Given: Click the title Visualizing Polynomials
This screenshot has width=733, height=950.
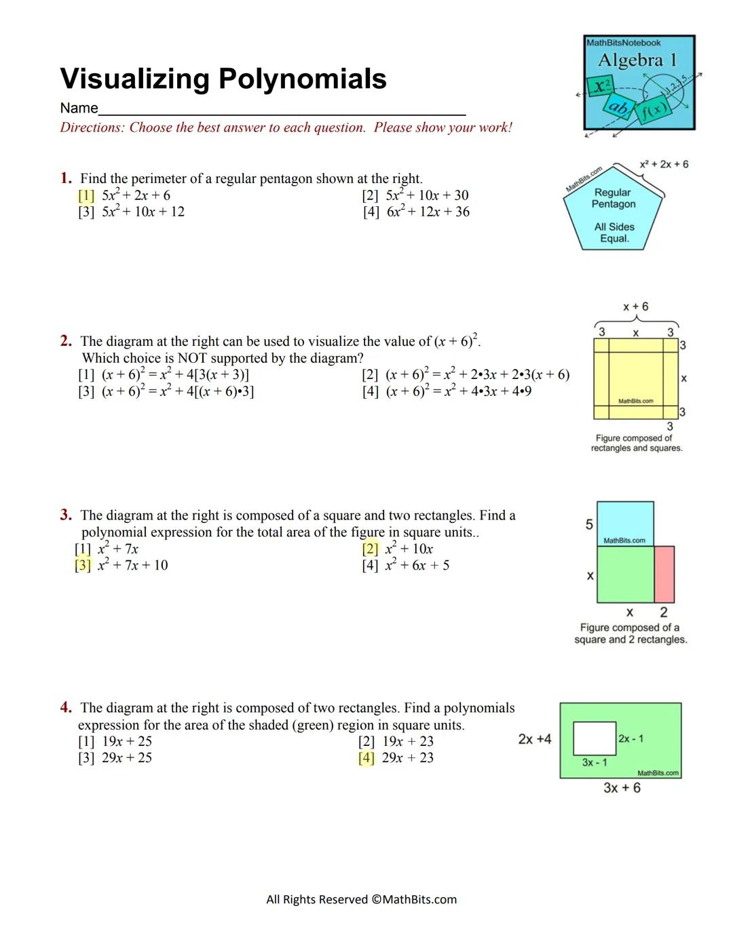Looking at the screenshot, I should click(223, 79).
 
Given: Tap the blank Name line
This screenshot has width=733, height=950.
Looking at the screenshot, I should click(282, 108).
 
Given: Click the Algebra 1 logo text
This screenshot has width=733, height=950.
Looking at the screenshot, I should click(637, 60).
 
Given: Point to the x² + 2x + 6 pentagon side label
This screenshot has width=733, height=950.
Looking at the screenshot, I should click(664, 164).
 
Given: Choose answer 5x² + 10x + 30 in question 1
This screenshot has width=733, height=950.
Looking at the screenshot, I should click(427, 195).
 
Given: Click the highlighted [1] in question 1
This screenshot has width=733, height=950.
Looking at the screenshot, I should click(86, 195).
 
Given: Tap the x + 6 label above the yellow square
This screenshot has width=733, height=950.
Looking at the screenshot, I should click(635, 306).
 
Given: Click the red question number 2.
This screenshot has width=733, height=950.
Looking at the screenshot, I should click(66, 341).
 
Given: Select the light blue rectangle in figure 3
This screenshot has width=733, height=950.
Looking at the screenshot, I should click(625, 523).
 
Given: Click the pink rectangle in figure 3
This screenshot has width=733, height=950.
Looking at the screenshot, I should click(664, 574).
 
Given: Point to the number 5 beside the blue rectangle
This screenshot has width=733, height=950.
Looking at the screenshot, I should click(589, 524).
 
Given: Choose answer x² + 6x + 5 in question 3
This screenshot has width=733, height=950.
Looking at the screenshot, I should click(417, 566).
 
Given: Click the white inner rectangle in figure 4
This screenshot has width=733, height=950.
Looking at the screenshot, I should click(595, 738).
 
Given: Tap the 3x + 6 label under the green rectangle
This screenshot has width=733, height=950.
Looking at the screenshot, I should click(622, 788).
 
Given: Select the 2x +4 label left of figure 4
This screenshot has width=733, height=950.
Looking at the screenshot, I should click(535, 739).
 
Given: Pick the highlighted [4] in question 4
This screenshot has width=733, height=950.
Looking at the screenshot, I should click(366, 758).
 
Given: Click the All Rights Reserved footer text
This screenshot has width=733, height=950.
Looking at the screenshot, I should click(361, 900).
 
